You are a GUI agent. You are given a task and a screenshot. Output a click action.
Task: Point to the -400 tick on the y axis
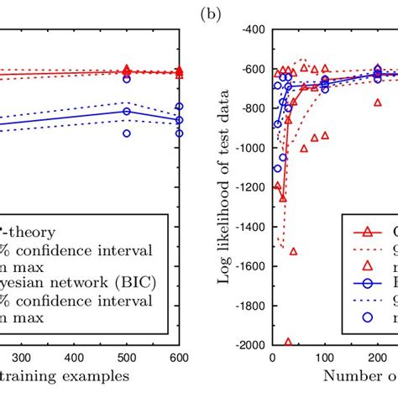[253, 29]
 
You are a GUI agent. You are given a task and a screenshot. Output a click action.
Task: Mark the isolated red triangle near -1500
[293, 250]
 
